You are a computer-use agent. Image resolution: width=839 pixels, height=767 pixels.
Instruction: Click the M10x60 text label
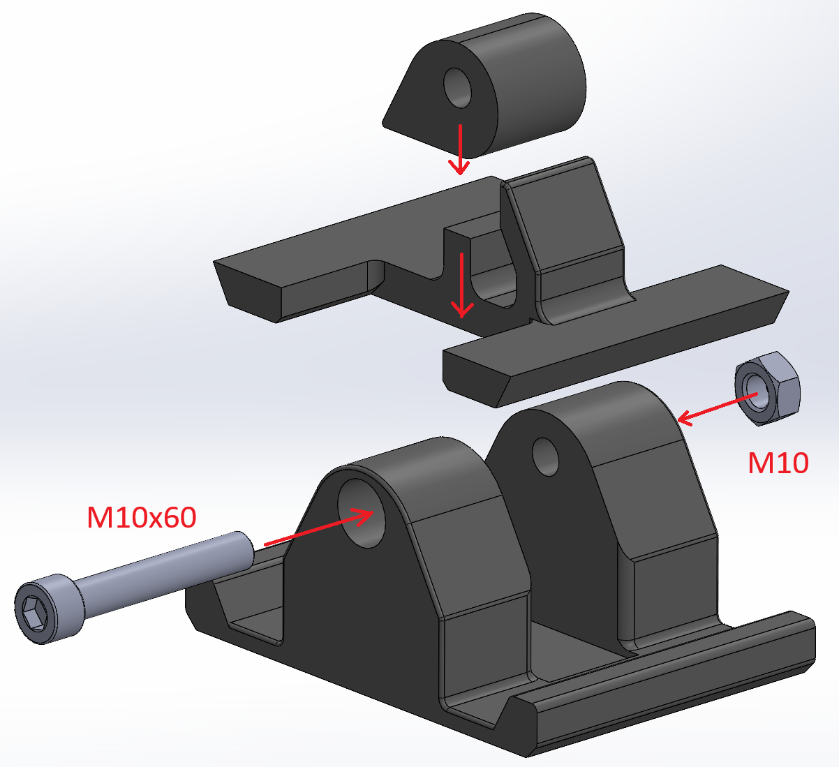(142, 517)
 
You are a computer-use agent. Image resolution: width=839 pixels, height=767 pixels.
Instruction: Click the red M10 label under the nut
(778, 463)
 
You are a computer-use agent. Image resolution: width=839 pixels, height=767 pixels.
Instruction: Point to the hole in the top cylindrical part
(457, 88)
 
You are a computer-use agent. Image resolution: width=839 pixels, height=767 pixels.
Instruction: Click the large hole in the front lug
(362, 513)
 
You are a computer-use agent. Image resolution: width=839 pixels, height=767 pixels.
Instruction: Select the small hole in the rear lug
(545, 456)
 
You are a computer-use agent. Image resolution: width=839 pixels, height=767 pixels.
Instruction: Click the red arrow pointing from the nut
(717, 410)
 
